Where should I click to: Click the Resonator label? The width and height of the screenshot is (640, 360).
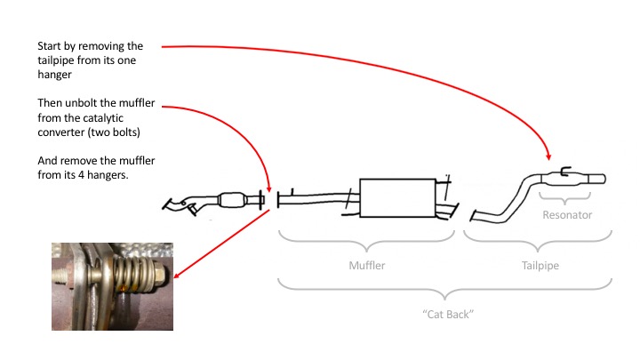pos(567,215)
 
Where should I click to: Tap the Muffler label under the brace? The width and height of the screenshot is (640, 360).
pos(367,265)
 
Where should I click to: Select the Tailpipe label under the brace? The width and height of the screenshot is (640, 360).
pos(540,265)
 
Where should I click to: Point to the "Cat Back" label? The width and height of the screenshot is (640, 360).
pos(448,315)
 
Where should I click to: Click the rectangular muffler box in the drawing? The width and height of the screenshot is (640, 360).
pos(397,197)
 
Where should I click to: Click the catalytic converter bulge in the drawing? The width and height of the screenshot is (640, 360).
pos(232,200)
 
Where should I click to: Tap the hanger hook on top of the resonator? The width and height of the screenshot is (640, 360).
pos(565,172)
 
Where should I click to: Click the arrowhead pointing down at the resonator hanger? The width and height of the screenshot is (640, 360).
pos(548,157)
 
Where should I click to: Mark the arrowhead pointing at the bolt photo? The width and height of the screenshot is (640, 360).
pos(177,275)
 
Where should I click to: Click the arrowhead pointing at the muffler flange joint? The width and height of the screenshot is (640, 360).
pos(269,189)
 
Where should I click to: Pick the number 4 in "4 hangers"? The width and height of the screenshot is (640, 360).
pos(81,175)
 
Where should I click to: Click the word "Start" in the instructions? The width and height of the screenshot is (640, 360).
pos(49,46)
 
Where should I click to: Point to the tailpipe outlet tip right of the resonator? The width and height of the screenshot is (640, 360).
pos(597,179)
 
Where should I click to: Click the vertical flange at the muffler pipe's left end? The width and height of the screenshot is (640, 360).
pos(278,200)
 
